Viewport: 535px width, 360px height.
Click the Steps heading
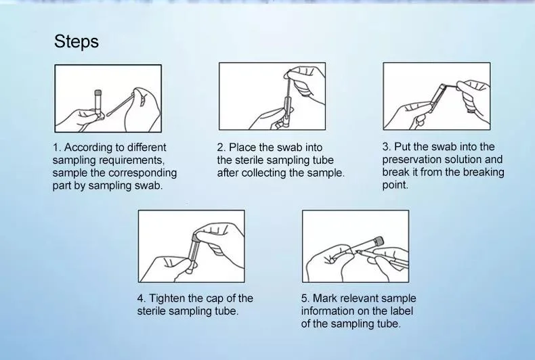tap(77, 42)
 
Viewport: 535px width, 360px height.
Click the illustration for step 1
tap(108, 98)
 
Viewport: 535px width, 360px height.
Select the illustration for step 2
tap(272, 96)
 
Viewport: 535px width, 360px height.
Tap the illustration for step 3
tap(436, 96)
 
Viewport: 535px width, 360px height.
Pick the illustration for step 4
tap(191, 246)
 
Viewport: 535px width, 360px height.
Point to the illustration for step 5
tap(355, 246)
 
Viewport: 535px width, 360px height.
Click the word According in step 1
tap(88, 148)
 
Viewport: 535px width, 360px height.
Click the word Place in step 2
tap(242, 148)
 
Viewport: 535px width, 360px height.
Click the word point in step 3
tap(395, 185)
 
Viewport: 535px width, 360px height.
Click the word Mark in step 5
tap(324, 298)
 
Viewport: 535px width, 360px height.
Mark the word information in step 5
tap(326, 311)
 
